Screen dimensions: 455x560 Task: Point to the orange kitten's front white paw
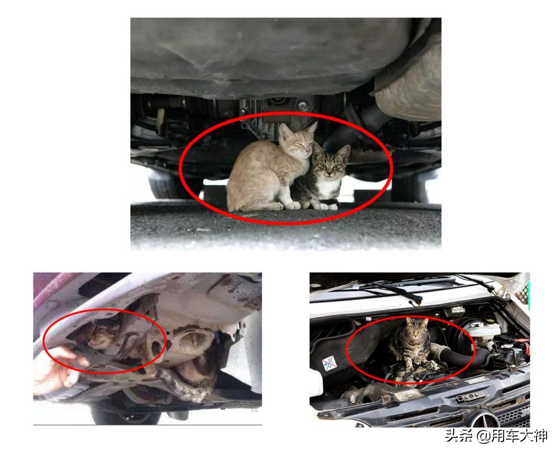293,205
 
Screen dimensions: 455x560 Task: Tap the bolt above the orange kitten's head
302,104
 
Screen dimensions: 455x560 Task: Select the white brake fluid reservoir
480,331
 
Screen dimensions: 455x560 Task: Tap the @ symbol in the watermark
483,436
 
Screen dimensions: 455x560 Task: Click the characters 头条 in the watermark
458,436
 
